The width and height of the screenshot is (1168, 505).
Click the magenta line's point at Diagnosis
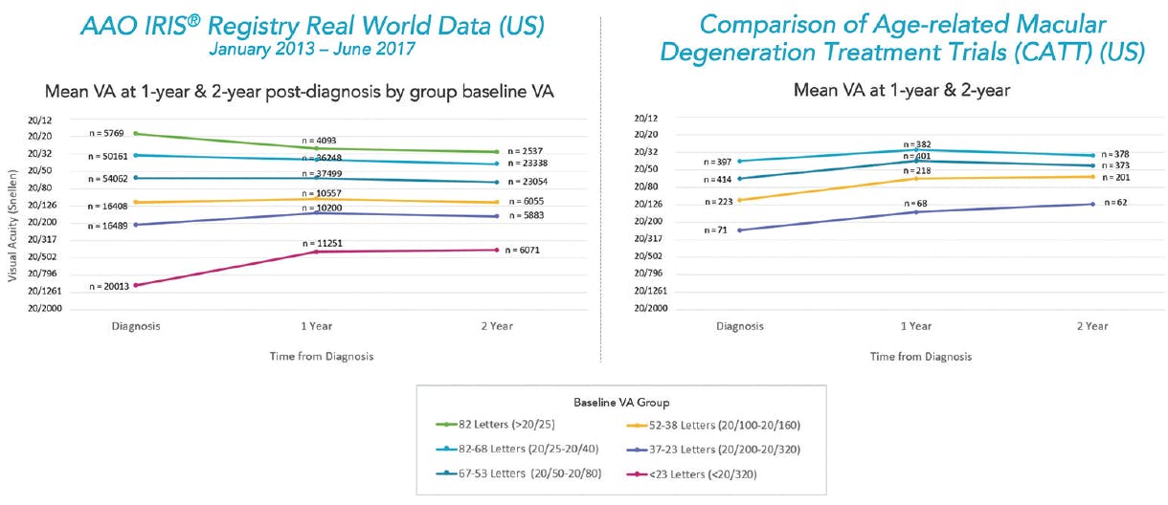136,285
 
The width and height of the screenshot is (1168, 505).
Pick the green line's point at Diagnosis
136,134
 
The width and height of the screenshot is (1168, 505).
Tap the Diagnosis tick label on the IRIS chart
135,326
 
